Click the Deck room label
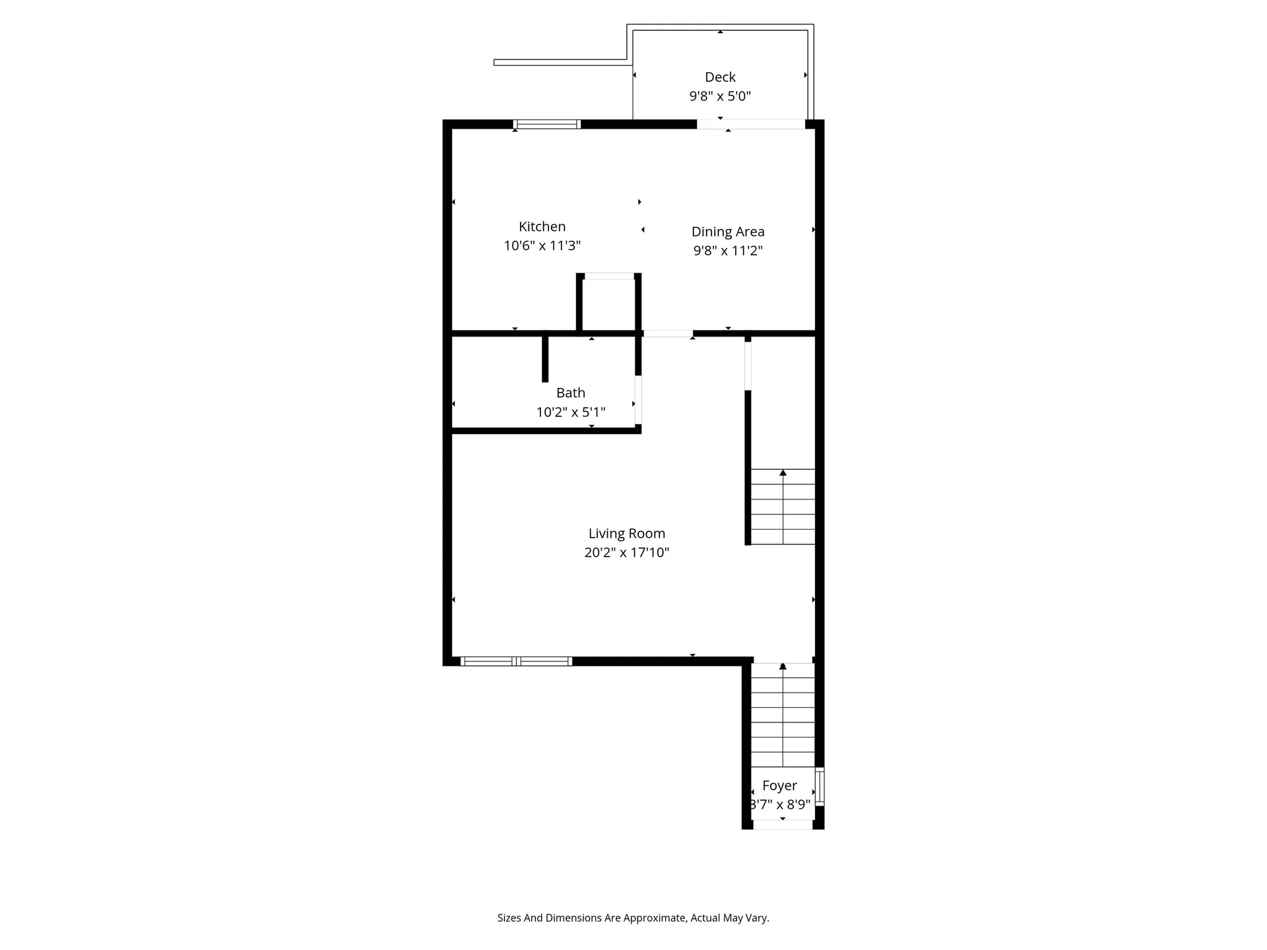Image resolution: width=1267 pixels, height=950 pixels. point(719,77)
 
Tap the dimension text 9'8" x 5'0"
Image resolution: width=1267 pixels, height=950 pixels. point(719,96)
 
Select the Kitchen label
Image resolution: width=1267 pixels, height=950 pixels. point(542,227)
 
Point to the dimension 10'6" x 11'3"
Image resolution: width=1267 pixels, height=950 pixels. point(542,246)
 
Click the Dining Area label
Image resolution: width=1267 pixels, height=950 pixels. point(727,232)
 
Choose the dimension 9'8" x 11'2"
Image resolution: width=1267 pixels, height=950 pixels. point(727,251)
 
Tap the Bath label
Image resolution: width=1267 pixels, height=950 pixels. point(570,393)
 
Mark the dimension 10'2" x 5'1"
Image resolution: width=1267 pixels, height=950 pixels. point(570,412)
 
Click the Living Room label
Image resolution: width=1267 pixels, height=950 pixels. point(626,534)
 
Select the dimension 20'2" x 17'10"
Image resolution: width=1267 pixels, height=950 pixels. point(626,553)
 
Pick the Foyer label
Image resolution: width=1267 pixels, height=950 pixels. point(779,786)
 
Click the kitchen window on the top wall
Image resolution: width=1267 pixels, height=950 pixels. point(546,124)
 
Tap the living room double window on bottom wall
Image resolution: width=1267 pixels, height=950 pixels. point(515,661)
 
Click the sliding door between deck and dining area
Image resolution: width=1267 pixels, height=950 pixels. point(751,124)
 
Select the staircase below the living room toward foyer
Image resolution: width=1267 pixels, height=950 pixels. point(783,715)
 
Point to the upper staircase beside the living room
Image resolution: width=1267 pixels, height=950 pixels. point(783,507)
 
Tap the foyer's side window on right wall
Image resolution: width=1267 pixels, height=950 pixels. point(820,786)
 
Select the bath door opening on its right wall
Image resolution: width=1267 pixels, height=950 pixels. point(638,400)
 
